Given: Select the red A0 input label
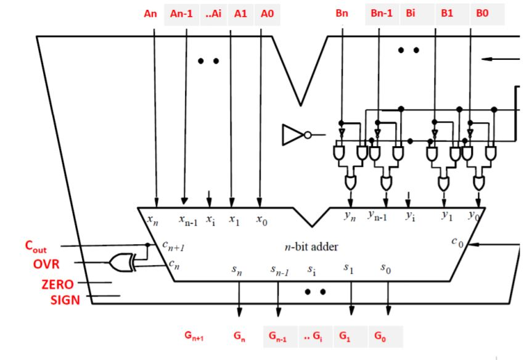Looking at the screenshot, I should (266, 14).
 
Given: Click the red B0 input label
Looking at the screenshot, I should (482, 14).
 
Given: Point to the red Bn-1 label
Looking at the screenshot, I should (381, 14).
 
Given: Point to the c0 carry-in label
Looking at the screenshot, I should (456, 243).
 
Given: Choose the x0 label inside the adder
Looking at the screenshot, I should (261, 219).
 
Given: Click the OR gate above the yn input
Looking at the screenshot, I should (351, 182).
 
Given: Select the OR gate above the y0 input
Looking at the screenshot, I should (478, 182).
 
